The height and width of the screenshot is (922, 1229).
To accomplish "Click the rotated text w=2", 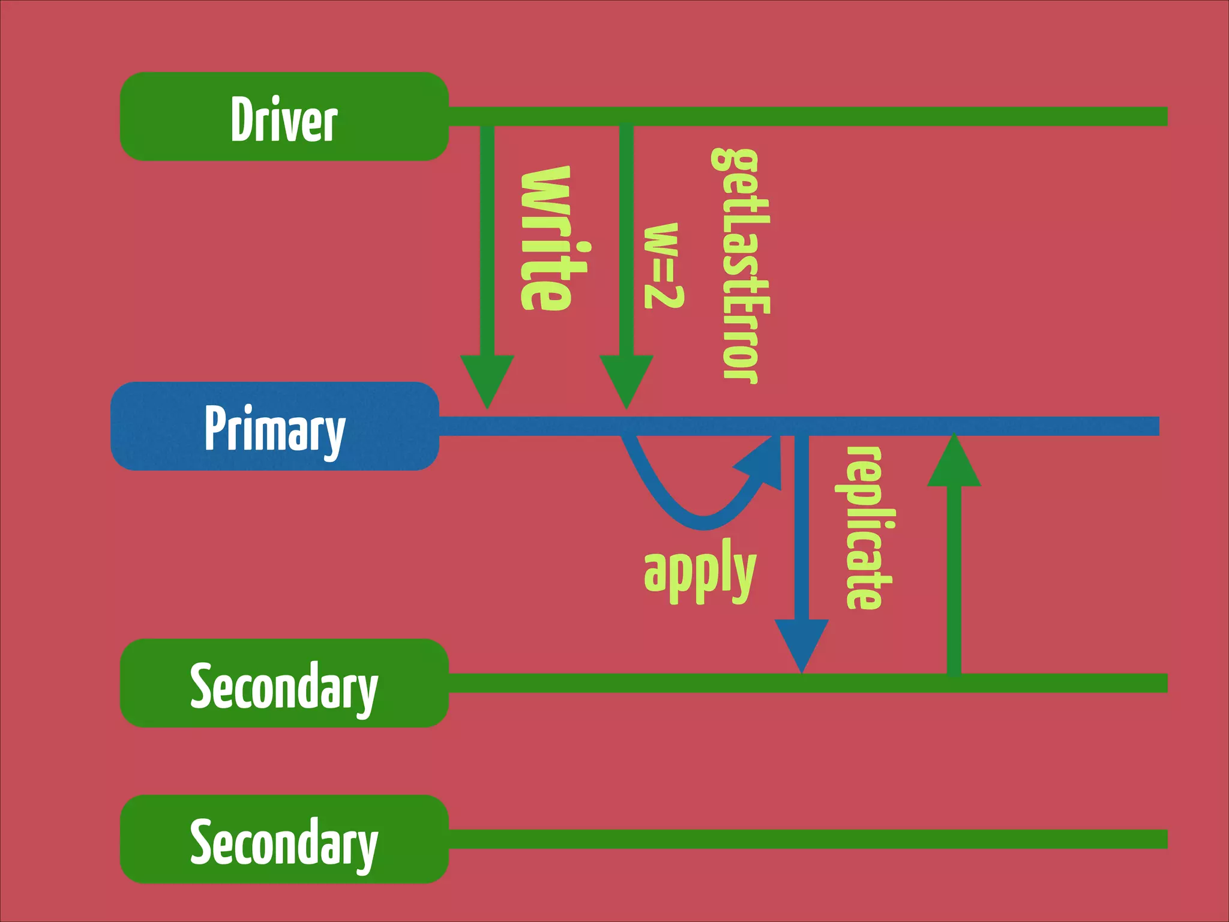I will pyautogui.click(x=663, y=265).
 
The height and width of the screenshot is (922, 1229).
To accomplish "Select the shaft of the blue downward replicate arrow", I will pyautogui.click(x=802, y=528).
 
